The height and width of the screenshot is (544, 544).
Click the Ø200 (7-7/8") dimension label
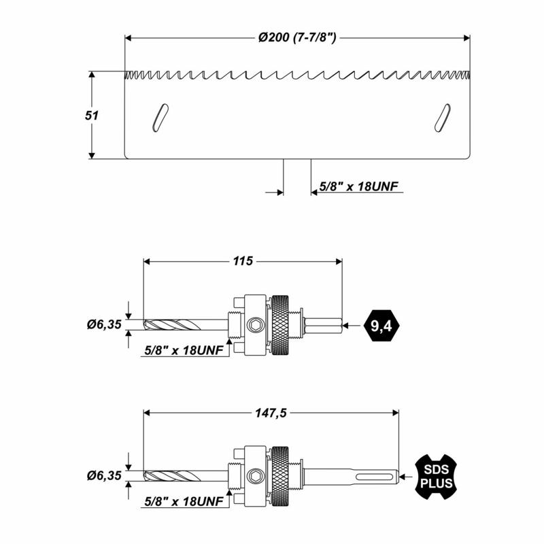pyautogui.click(x=297, y=37)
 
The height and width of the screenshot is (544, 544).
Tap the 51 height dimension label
pyautogui.click(x=92, y=116)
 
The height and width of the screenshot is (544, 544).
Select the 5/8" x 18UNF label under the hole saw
pyautogui.click(x=359, y=186)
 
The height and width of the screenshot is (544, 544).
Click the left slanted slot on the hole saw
pyautogui.click(x=160, y=118)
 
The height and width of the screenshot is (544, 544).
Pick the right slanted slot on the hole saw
pyautogui.click(x=443, y=118)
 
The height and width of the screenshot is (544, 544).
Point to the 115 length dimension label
pyautogui.click(x=243, y=261)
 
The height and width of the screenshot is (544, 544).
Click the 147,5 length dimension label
pyautogui.click(x=271, y=413)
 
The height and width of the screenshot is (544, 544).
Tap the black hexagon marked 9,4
pyautogui.click(x=381, y=326)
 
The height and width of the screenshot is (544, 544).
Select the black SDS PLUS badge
pyautogui.click(x=436, y=477)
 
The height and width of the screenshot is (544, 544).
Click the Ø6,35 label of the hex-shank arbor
pyautogui.click(x=104, y=325)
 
